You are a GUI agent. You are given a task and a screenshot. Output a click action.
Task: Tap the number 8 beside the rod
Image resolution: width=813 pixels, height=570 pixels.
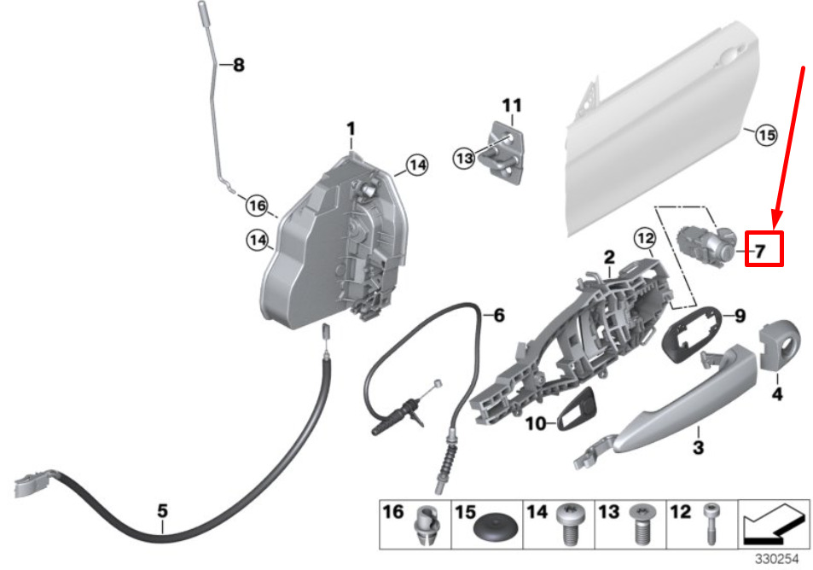pyautogui.click(x=238, y=64)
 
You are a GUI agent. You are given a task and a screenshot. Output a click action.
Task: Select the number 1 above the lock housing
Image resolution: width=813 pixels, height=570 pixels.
pyautogui.click(x=350, y=128)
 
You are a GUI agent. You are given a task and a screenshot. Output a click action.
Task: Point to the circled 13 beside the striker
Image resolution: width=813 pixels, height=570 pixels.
pyautogui.click(x=463, y=158)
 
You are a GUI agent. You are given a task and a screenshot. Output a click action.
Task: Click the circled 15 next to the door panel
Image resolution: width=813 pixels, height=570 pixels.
pyautogui.click(x=766, y=135)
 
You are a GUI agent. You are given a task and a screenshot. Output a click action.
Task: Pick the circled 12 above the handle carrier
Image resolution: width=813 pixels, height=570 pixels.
pyautogui.click(x=644, y=236)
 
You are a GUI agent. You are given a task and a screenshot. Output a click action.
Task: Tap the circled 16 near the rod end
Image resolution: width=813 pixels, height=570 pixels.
pyautogui.click(x=257, y=205)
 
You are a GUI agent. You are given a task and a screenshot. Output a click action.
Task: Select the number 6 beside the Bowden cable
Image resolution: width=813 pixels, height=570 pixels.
pyautogui.click(x=499, y=316)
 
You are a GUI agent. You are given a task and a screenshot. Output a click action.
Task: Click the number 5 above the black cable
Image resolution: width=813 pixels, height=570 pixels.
pyautogui.click(x=162, y=511)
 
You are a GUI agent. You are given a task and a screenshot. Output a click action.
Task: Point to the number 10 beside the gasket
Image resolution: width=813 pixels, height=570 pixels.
pyautogui.click(x=534, y=422)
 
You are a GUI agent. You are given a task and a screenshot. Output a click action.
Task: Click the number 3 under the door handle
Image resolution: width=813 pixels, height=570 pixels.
pyautogui.click(x=697, y=445)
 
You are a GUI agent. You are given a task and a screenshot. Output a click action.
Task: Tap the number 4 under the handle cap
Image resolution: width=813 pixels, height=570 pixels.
pyautogui.click(x=776, y=393)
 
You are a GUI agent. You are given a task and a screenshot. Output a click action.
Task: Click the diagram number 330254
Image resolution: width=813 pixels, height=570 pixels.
pyautogui.click(x=775, y=559)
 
